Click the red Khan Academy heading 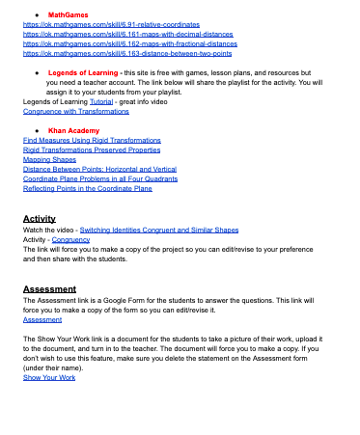(73, 129)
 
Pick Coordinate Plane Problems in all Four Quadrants (101, 179)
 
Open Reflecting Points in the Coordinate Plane (88, 189)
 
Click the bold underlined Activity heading (40, 219)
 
